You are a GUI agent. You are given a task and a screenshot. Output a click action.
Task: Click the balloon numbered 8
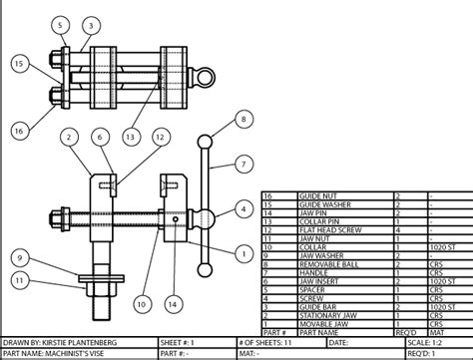[x=242, y=120]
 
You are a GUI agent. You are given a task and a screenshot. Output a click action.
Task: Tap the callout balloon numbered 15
[x=19, y=64]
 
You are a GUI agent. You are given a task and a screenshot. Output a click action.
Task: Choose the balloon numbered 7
[x=242, y=162]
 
